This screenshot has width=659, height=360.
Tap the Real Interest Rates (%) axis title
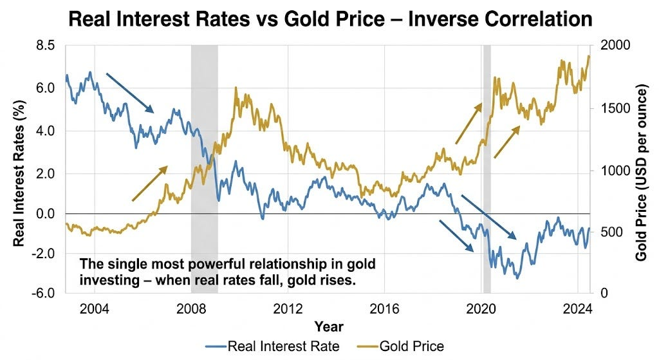click(x=19, y=169)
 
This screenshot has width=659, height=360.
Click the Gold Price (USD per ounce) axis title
click(x=641, y=169)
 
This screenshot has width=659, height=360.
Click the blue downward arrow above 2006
click(x=129, y=92)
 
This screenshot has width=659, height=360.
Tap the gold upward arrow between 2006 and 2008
click(x=149, y=184)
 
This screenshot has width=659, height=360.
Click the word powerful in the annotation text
click(x=206, y=264)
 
